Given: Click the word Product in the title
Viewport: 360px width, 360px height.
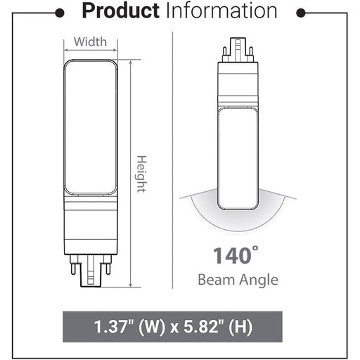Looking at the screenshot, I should (122, 11).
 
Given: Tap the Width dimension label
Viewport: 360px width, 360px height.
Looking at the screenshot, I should (91, 41).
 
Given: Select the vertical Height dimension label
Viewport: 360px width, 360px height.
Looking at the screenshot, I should (141, 174).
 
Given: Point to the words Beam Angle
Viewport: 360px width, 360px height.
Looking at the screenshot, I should (237, 280).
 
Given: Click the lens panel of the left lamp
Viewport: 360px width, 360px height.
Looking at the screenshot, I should (91, 127).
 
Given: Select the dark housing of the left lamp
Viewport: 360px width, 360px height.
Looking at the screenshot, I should (91, 225).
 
